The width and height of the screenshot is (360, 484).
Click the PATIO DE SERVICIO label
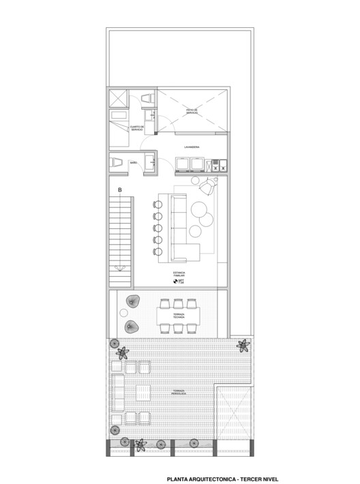coord(192,111)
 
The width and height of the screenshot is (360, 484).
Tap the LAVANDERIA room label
coord(192,147)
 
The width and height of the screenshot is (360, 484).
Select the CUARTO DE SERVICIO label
coord(136,128)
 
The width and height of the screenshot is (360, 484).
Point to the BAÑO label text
coord(134,162)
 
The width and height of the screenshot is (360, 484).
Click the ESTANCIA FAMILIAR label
coord(179,273)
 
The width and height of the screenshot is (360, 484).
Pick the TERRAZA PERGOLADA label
coord(180,391)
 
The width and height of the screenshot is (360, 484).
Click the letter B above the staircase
coord(120,190)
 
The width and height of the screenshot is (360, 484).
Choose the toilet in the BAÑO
coord(116,162)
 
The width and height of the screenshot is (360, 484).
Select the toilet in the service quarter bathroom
coord(147,100)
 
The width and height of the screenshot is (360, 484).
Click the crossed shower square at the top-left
coord(117,97)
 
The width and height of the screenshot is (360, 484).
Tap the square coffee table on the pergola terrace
coord(143,393)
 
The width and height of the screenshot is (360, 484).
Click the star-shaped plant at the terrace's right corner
coord(243,346)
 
